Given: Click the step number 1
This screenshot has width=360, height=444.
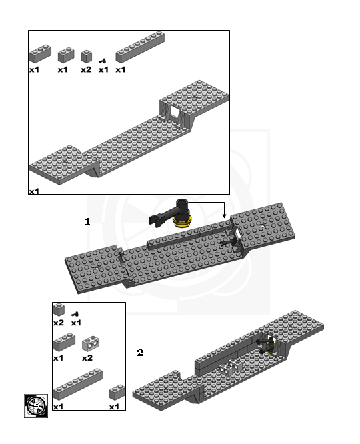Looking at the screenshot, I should coord(87,222).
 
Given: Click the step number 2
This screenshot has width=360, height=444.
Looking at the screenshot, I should coord(140,353).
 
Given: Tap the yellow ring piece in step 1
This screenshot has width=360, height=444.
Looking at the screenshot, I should coord(181,219).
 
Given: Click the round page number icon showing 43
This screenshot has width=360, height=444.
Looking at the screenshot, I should coord(35,405).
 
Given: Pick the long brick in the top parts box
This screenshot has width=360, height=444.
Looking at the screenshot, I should coord(139,47).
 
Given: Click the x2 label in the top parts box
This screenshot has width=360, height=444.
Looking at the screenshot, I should coord(86,69).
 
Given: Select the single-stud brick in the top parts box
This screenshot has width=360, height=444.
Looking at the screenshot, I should coord(87,55).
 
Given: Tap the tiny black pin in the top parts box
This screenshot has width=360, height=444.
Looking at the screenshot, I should coord(103,61).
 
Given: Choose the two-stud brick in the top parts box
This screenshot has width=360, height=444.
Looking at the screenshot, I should coord(65,55).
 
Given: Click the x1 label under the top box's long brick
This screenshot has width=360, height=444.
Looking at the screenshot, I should coord(120,69).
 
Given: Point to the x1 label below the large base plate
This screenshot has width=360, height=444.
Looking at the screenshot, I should coord(34,191).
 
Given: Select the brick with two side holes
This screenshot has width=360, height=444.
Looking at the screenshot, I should coord(90,344).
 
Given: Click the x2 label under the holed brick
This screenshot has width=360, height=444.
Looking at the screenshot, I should coord(86,358).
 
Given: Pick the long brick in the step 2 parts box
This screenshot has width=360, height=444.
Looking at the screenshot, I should coord(78,385).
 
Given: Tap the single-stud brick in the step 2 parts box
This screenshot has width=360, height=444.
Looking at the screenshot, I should coord(59,309).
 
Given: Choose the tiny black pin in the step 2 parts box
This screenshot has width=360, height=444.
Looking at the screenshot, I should coord(76,313).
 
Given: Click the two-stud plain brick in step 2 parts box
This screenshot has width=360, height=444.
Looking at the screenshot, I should coord(63,343).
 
